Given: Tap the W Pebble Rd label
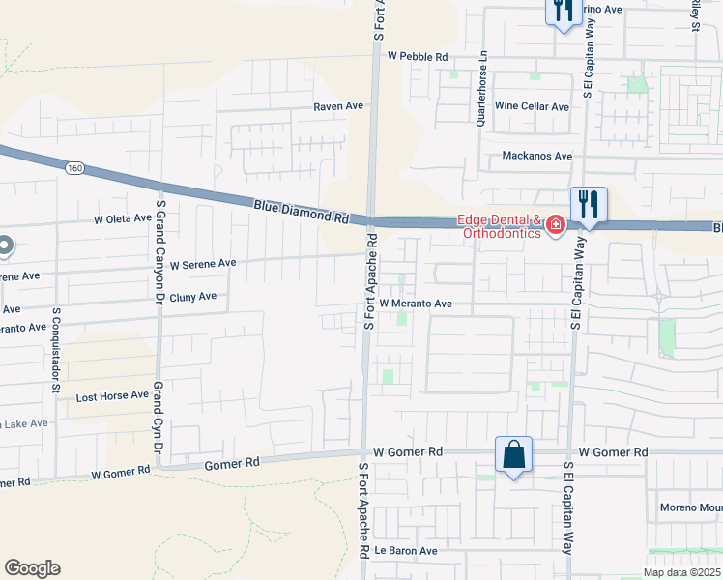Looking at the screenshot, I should (x=418, y=57).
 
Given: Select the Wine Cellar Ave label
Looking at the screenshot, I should (x=532, y=106).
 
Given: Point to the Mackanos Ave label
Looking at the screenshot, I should (x=537, y=156).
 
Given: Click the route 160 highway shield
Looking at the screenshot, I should (x=74, y=168).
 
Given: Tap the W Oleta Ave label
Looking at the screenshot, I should (x=123, y=218).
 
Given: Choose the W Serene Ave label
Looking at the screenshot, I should (x=203, y=263).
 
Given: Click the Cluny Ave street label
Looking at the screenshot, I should (x=192, y=297).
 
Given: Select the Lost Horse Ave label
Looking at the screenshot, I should (x=112, y=395).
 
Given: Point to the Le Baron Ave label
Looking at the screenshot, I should (x=406, y=550).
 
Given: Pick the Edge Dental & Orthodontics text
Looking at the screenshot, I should (x=501, y=226).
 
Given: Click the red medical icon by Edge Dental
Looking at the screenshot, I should (x=555, y=226).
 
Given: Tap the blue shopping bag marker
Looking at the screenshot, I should (x=513, y=454).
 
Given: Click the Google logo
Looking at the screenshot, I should (x=32, y=568).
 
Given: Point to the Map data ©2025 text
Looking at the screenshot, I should (x=681, y=572).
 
